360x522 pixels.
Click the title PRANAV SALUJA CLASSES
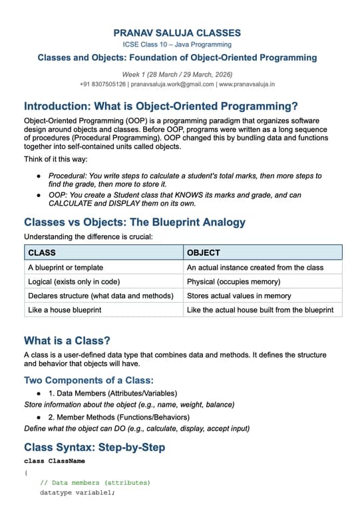[177, 33]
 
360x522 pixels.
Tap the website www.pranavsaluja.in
[247, 85]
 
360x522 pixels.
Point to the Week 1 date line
[177, 74]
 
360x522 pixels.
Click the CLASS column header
[42, 253]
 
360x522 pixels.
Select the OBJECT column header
[204, 253]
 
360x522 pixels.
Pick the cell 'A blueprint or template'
[65, 267]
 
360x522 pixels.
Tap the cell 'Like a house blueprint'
[65, 310]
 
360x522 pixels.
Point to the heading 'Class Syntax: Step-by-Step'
[94, 447]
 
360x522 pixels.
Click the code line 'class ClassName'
[55, 461]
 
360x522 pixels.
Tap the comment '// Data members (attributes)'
[95, 482]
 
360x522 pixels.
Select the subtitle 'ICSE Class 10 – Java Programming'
[177, 45]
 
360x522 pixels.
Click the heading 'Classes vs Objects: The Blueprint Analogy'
[134, 222]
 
